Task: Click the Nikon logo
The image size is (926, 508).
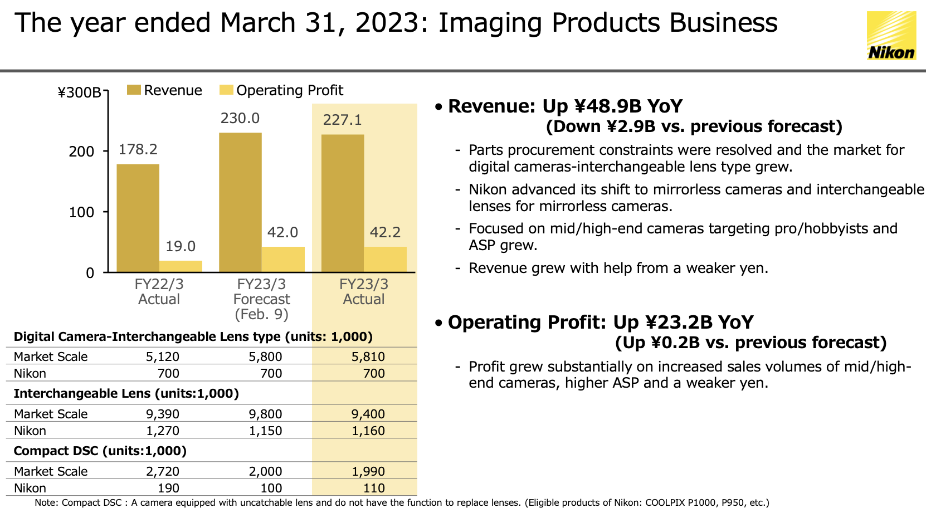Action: [x=891, y=36]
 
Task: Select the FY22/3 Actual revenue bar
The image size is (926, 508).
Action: [x=138, y=218]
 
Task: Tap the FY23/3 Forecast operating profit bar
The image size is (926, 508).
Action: [x=283, y=260]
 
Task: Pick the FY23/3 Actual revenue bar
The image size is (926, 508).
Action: [x=343, y=203]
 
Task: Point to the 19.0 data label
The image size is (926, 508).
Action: [x=181, y=246]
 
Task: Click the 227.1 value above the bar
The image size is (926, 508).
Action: [x=343, y=120]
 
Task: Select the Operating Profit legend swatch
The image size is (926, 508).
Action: [x=226, y=90]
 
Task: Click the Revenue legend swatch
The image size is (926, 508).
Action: [x=134, y=90]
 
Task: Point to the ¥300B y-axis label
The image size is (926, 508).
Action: [x=79, y=92]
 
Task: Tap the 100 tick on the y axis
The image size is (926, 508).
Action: [x=81, y=212]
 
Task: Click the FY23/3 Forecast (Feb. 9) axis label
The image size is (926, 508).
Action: [x=261, y=300]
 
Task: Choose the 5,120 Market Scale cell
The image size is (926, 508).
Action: [x=163, y=356]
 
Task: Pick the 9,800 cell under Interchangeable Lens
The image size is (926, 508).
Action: [x=265, y=414]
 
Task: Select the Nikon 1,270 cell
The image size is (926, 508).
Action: [x=163, y=431]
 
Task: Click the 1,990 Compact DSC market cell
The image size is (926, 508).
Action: [x=368, y=471]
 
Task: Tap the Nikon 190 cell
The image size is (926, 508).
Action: [x=168, y=488]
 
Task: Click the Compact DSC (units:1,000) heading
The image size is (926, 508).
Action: [x=100, y=451]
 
